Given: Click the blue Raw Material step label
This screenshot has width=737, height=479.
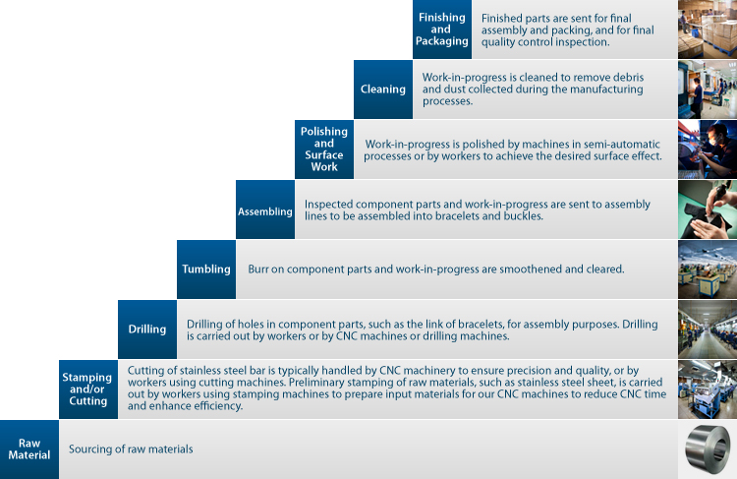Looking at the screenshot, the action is point(29,449).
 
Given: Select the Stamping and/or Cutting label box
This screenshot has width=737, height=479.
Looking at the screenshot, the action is point(88,389).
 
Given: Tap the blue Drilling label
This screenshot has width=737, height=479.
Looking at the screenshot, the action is point(147,329).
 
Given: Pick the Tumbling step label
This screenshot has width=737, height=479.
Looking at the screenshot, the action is point(206,269).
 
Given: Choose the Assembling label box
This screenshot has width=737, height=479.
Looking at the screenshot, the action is point(265,210).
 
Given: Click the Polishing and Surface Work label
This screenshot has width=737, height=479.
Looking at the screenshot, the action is point(324,150).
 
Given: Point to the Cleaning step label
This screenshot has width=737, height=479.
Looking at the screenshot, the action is point(383,90).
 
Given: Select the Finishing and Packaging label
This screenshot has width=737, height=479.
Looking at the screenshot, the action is point(442,30).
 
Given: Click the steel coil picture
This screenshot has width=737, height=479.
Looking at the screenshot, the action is point(708,449).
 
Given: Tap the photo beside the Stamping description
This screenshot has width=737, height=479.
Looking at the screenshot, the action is point(708,389).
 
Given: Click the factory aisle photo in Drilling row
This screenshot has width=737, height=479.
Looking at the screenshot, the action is point(708,329).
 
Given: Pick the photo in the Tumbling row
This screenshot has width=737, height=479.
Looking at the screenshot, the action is point(708,269).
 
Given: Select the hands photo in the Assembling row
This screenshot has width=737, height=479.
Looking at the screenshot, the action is point(708,210).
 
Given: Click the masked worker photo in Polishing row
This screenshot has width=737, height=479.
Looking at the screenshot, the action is point(708,150).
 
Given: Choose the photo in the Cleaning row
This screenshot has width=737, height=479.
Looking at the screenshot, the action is point(708,90).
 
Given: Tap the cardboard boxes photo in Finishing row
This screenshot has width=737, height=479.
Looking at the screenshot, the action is point(708,30).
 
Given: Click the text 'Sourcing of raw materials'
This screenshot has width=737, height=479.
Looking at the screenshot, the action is point(131,449).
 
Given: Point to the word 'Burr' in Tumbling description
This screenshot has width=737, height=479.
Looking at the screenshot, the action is point(258,269).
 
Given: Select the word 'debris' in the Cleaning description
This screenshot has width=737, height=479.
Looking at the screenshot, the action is point(628,77).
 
